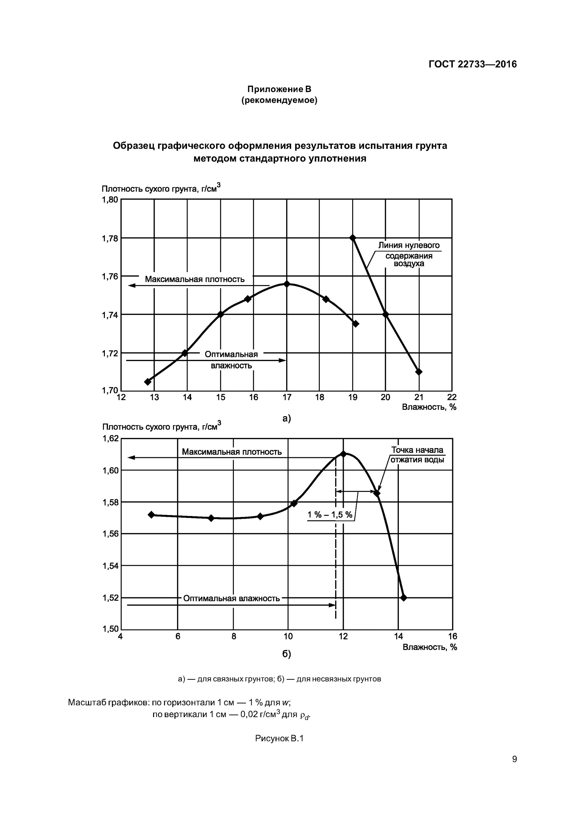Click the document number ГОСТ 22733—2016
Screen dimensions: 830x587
[x=472, y=64]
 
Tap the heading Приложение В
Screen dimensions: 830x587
[x=279, y=89]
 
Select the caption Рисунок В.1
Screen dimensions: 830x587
[x=279, y=738]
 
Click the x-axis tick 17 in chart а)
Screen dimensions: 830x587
[x=287, y=398]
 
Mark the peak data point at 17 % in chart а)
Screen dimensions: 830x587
[x=287, y=284]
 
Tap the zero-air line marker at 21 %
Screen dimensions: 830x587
[x=419, y=372]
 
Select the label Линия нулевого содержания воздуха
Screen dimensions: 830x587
[x=409, y=255]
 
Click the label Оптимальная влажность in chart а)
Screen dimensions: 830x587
[x=231, y=360]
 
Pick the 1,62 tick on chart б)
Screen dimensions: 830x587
[x=111, y=439]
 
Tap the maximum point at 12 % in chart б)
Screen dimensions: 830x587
[x=343, y=454]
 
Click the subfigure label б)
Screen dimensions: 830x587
[x=286, y=654]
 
